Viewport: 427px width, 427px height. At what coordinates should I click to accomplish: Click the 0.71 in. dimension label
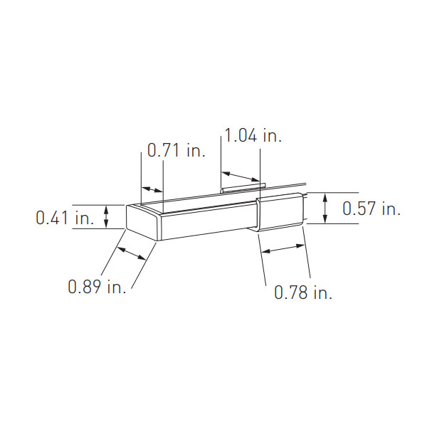[x=175, y=151]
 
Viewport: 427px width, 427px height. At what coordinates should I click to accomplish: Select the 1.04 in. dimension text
[x=253, y=136]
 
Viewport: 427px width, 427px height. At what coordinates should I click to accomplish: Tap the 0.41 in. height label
[x=65, y=218]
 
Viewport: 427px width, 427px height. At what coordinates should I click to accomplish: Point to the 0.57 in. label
[x=371, y=209]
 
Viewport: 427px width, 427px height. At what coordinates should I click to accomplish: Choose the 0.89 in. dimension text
[x=97, y=287]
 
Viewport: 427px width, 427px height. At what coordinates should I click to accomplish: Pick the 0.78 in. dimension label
[x=303, y=292]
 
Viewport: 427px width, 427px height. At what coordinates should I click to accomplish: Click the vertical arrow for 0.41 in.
[x=106, y=216]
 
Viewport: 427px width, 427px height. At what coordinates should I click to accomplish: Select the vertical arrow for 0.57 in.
[x=325, y=207]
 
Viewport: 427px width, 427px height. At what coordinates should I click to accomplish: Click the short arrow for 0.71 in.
[x=152, y=189]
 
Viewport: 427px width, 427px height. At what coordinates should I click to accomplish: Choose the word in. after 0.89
[x=116, y=287]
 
